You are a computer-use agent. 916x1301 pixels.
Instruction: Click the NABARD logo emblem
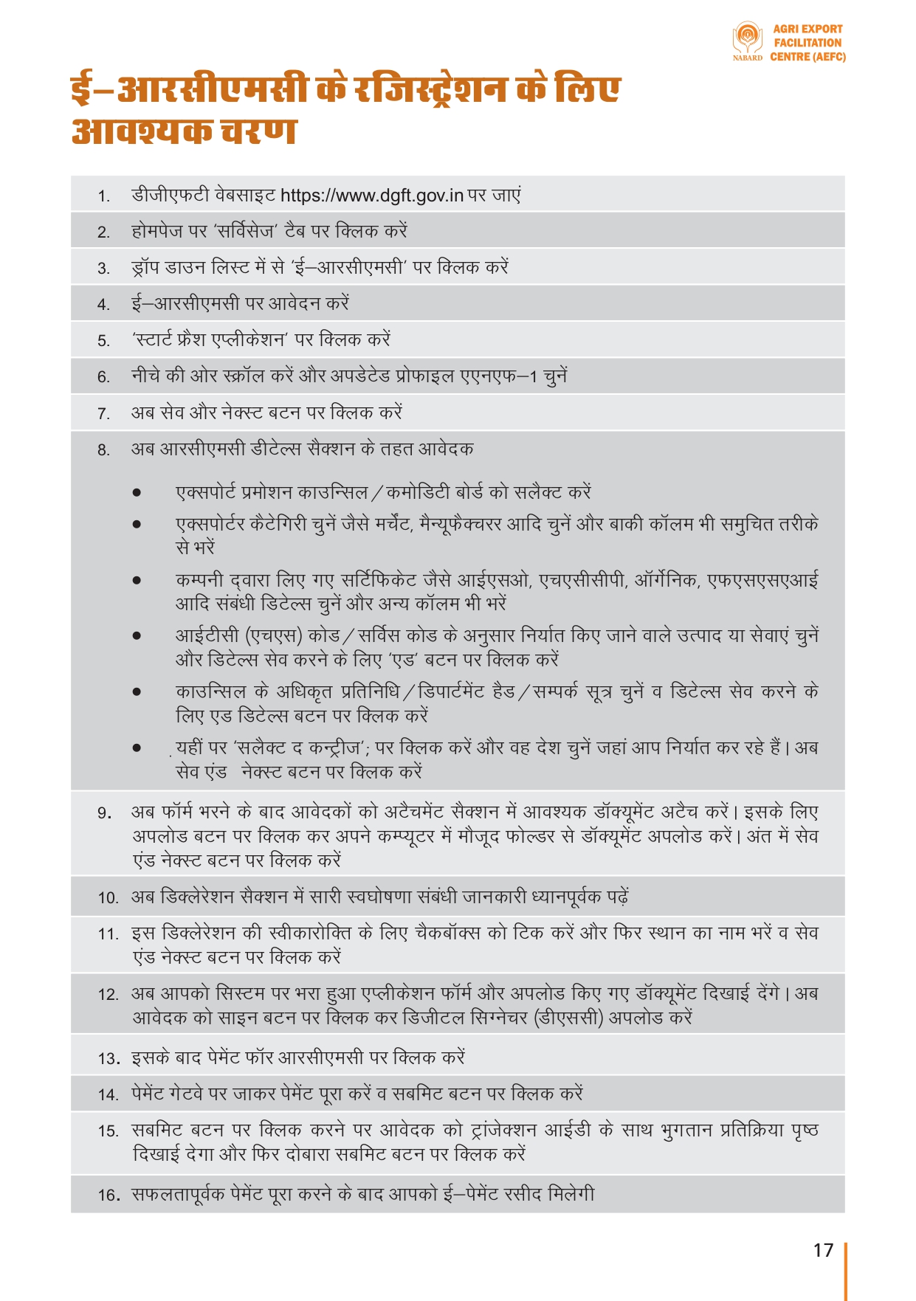pos(747,38)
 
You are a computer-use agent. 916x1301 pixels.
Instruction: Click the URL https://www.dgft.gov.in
pos(372,196)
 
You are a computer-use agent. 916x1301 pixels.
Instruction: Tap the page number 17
pos(823,1250)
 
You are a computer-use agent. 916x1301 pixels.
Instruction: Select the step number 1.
pos(104,197)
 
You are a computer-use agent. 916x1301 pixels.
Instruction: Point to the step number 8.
pos(104,450)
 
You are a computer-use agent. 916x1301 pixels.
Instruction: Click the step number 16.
pos(109,1195)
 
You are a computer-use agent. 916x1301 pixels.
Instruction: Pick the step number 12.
pos(108,995)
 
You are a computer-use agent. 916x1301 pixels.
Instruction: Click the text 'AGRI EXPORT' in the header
pos(807,29)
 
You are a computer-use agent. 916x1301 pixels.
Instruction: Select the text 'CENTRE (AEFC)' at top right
pos(807,57)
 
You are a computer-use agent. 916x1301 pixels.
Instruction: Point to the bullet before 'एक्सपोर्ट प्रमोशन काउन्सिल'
pos(137,493)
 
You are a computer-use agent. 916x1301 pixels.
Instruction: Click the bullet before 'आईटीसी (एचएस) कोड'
pos(137,636)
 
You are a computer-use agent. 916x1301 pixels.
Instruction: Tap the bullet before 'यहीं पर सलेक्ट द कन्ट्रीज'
pos(137,748)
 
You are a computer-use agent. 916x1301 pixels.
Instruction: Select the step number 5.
pos(104,341)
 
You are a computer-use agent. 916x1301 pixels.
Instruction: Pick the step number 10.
pos(108,898)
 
